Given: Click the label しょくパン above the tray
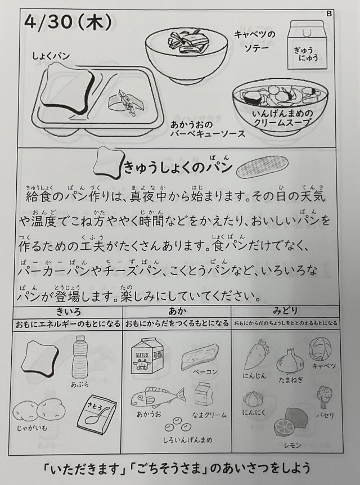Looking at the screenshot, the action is [51, 56].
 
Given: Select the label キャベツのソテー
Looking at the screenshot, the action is [255, 41].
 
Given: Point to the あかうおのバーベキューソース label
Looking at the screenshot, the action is [208, 129].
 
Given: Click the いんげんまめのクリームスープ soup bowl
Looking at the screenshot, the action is [280, 107].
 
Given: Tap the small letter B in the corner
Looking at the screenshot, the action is [328, 14].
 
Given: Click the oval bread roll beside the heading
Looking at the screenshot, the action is [262, 167].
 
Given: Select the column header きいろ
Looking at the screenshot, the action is [69, 311].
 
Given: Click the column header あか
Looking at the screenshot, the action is [178, 311].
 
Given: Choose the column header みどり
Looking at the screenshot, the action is [285, 311].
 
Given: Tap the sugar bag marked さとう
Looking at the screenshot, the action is [97, 415].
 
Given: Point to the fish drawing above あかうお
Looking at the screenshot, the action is [157, 397].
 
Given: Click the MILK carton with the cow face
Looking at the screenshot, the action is [147, 356].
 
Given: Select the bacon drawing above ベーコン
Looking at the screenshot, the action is [200, 357].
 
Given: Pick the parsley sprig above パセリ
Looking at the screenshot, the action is [325, 397].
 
